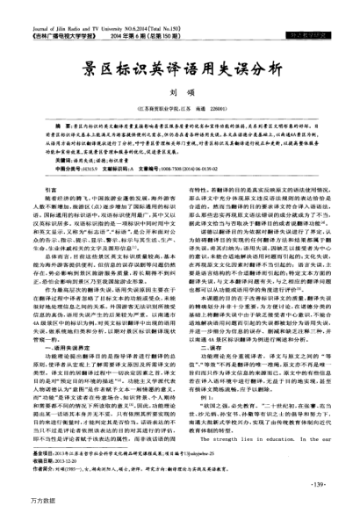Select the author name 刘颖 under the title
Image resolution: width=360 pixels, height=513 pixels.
point(179,89)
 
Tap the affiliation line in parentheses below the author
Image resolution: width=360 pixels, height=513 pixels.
point(179,105)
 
